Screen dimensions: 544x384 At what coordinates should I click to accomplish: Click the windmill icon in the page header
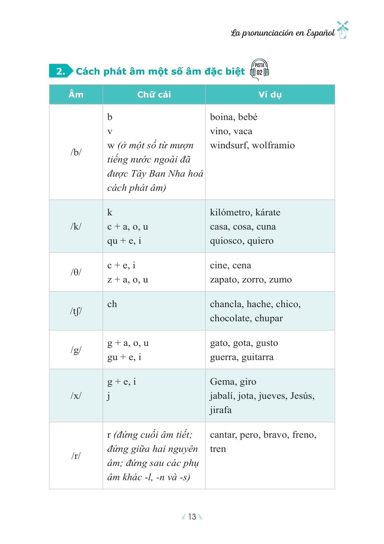pos(343,30)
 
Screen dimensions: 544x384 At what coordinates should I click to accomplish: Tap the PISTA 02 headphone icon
pos(259,70)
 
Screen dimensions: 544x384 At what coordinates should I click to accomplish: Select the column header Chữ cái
pos(154,95)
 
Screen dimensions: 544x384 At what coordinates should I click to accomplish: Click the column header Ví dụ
pos(270,95)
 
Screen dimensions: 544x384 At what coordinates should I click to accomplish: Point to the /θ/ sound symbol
pos(76,272)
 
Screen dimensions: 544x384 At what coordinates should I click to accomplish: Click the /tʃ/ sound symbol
pos(76,311)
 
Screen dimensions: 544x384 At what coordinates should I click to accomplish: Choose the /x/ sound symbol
pos(76,395)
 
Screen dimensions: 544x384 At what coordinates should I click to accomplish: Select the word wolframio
pos(273,145)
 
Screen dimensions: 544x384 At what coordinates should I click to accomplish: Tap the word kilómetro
pos(231,212)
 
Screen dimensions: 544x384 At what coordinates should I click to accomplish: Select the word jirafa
pos(220,410)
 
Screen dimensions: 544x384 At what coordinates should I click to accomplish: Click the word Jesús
pos(302,396)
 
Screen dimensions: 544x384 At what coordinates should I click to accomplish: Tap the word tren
pos(218,449)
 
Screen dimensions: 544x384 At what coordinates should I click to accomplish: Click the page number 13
pos(192,517)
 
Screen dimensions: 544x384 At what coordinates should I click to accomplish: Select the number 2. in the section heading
pos(60,71)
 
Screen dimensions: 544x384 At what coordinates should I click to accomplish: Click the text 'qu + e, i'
pos(124,241)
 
